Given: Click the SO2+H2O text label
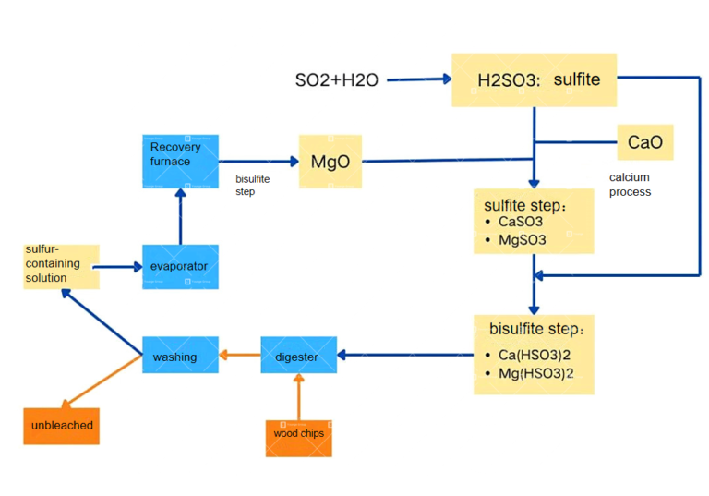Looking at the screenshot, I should pyautogui.click(x=336, y=81).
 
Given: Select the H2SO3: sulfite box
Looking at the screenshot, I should pyautogui.click(x=534, y=79).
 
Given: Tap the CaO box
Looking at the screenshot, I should pyautogui.click(x=644, y=143).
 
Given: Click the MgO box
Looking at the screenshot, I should pyautogui.click(x=330, y=162).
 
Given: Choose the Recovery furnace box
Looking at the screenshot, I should pyautogui.click(x=180, y=161).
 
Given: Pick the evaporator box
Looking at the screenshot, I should pyautogui.click(x=180, y=267).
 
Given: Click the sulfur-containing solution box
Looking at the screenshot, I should pyautogui.click(x=61, y=266).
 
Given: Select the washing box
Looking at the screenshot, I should pyautogui.click(x=180, y=356).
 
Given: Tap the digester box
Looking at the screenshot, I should pyautogui.click(x=298, y=356).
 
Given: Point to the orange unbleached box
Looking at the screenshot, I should pyautogui.click(x=61, y=426).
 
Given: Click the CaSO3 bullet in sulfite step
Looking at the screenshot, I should pyautogui.click(x=520, y=222).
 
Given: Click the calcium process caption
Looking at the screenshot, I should pyautogui.click(x=630, y=185).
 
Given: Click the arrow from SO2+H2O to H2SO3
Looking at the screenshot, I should pyautogui.click(x=417, y=80).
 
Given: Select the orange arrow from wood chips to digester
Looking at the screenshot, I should pyautogui.click(x=298, y=395).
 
